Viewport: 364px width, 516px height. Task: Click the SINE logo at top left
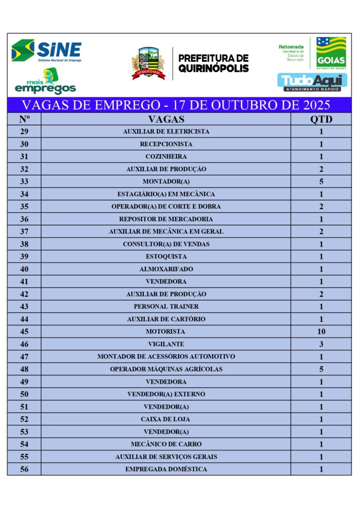pos(46,50)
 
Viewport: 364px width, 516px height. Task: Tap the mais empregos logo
pos(45,82)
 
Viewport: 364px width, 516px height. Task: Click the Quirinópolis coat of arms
pos(148,63)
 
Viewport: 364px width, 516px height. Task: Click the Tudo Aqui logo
pos(312,82)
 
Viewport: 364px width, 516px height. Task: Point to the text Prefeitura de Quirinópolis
pos(213,63)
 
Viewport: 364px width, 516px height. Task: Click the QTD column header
pos(321,119)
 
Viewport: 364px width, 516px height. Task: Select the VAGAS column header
pos(166,119)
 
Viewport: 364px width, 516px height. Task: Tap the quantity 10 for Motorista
pos(321,332)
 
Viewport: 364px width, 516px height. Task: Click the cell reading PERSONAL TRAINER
pos(166,306)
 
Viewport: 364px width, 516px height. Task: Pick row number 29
pos(24,132)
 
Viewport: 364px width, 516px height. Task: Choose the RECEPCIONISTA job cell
pos(166,144)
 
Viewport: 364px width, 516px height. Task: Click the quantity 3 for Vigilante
pos(321,344)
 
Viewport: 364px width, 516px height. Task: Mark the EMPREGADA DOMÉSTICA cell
pos(166,469)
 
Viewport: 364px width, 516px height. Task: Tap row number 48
pos(24,369)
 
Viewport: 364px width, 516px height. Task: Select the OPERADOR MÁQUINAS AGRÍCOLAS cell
pos(166,369)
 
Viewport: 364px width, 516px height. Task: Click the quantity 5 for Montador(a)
pos(321,181)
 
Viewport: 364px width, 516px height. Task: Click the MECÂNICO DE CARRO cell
pos(166,444)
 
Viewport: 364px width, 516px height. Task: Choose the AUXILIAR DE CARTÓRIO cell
pos(166,319)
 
